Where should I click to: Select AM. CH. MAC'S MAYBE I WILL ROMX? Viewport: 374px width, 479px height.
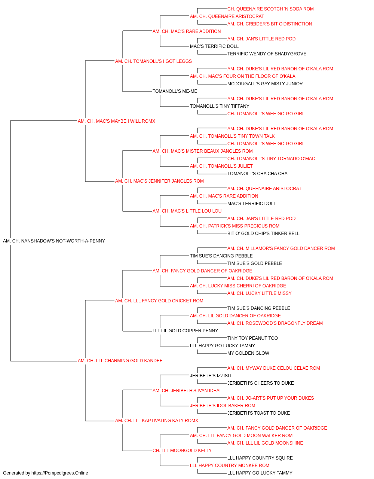point(116,121)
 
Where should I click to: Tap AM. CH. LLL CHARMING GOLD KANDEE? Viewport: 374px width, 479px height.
point(120,361)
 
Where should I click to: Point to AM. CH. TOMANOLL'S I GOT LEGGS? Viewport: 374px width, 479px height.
point(153,61)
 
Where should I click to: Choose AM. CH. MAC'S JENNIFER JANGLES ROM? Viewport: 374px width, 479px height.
point(159,181)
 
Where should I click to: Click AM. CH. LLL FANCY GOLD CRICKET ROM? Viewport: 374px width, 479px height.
point(159,300)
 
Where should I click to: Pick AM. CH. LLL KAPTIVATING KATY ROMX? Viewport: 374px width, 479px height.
point(156,421)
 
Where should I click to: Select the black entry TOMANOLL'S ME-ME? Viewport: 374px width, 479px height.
point(175,91)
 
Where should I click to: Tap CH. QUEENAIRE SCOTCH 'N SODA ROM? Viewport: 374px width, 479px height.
point(270,9)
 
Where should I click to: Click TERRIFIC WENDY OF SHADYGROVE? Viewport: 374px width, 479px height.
point(267,54)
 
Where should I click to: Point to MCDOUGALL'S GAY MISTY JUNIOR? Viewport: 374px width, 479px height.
point(265,84)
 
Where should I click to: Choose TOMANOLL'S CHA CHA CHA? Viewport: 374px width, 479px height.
point(257,174)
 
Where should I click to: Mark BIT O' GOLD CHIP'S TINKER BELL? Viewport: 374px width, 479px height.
point(263,234)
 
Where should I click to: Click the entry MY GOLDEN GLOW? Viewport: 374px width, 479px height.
point(248,353)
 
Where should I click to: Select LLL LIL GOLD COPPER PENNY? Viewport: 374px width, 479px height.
point(185,331)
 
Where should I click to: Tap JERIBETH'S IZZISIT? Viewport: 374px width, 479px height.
point(211,376)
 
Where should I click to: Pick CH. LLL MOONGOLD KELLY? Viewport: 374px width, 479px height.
point(182,451)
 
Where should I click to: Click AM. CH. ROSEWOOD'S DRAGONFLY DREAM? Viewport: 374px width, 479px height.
point(275,323)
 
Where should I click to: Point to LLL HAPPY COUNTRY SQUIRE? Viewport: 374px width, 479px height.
point(260,458)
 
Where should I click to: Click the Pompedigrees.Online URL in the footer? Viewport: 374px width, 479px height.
point(59,473)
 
